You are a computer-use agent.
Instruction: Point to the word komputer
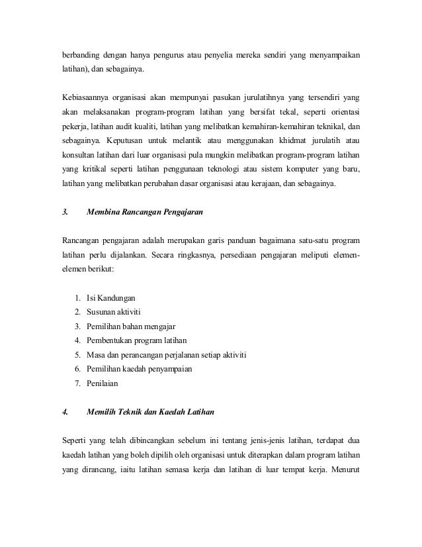tap(299, 170)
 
